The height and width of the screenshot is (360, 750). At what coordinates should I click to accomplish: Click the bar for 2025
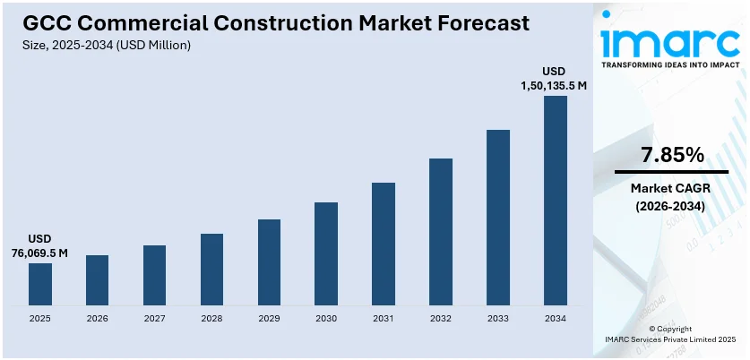40,283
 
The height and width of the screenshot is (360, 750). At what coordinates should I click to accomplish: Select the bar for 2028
211,269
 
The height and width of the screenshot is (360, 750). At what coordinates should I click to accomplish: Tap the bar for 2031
384,243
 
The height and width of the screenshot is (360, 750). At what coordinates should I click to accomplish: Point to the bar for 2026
97,279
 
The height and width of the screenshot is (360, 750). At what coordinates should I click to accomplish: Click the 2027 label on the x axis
154,318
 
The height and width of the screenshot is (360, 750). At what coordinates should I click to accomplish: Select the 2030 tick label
326,318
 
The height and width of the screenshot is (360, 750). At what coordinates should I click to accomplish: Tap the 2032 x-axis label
441,318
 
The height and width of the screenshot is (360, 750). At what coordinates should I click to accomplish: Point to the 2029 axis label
269,318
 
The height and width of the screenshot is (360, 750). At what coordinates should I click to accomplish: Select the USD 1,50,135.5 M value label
555,78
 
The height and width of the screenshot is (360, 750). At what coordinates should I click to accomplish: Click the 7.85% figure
672,155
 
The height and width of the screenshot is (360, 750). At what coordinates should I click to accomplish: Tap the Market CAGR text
672,188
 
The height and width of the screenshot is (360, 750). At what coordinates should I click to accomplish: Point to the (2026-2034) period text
672,206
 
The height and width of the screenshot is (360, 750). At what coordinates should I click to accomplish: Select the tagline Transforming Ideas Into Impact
672,65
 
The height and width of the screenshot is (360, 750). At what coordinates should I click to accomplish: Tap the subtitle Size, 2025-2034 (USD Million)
107,44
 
